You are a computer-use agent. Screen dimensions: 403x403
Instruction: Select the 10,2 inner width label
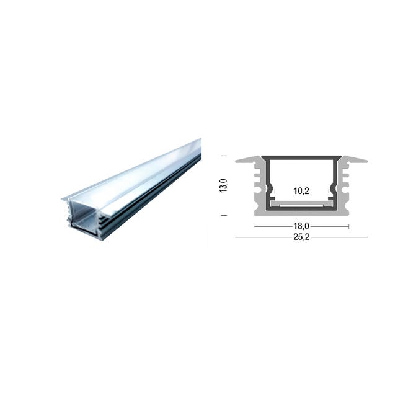(x=302, y=192)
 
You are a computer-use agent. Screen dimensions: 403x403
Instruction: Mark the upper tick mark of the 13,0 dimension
(x=224, y=156)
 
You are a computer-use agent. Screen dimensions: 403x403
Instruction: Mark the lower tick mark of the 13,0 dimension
(x=224, y=216)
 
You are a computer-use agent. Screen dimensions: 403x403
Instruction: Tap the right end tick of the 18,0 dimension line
(x=350, y=227)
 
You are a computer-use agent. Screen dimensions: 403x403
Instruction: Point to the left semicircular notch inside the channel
(x=269, y=189)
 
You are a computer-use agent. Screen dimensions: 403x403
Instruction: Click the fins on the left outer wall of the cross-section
(x=256, y=186)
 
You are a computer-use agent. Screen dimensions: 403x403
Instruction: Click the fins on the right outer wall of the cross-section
(x=347, y=186)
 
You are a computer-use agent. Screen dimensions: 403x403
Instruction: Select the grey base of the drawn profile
(x=302, y=211)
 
